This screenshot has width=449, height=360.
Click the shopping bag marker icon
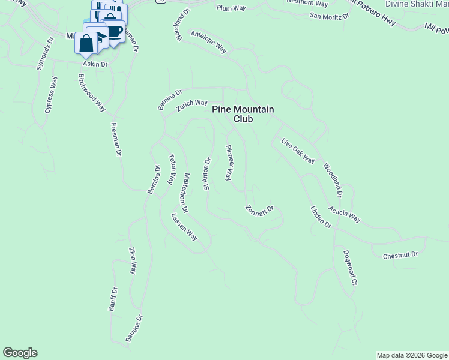click(86, 43)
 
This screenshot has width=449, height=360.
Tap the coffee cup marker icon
click(114, 31)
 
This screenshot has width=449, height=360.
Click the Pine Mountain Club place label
click(243, 114)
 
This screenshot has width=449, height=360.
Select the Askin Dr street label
click(95, 64)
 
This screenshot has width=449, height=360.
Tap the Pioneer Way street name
click(229, 163)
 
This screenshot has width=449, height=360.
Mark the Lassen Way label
click(184, 227)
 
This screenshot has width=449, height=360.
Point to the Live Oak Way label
click(298, 151)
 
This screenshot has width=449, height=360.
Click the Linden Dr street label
click(321, 216)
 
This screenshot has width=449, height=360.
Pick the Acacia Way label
click(344, 214)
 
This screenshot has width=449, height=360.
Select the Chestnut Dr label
click(400, 255)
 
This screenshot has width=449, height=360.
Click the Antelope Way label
click(208, 43)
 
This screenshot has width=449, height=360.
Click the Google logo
click(20, 353)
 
